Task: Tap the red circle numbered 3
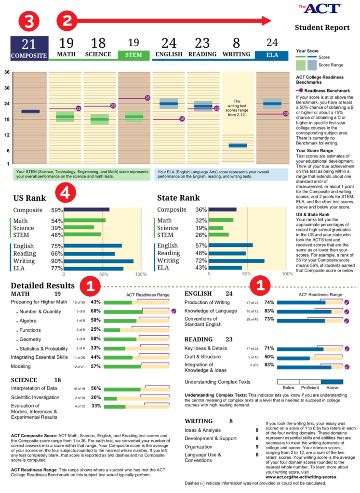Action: [x=29, y=21]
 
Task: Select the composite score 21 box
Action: [x=29, y=48]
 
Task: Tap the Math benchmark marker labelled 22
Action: [x=78, y=108]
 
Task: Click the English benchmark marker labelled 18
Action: [x=182, y=119]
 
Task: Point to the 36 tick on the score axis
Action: [x=7, y=73]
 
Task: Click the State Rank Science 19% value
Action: [x=201, y=228]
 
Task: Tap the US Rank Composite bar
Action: [x=87, y=209]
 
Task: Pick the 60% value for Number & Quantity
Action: [x=95, y=311]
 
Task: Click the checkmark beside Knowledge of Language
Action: [x=346, y=311]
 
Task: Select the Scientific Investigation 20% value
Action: [x=95, y=398]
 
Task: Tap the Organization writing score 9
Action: [x=257, y=446]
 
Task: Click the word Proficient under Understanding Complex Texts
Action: [x=310, y=387]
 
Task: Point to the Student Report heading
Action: [x=322, y=27]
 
